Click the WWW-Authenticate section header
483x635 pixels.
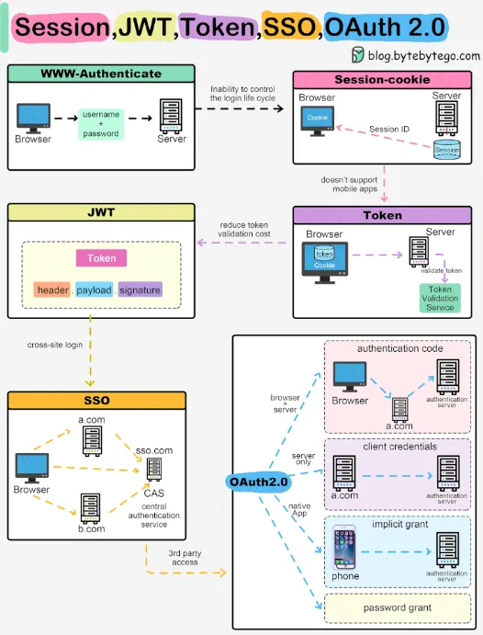tap(100, 74)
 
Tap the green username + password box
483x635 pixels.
tap(101, 123)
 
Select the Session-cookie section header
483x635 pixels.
tap(383, 79)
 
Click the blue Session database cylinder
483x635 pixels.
tap(446, 148)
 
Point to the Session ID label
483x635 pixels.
tap(389, 130)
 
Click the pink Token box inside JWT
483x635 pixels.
tap(102, 258)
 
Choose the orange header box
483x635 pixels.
tap(52, 290)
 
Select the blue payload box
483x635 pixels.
tap(94, 290)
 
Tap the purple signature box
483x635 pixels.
tap(140, 290)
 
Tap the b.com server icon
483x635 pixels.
tap(89, 506)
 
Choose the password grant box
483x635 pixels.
tap(397, 607)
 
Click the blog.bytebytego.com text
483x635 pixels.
tap(421, 56)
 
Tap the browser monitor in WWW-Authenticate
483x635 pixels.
tap(33, 117)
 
